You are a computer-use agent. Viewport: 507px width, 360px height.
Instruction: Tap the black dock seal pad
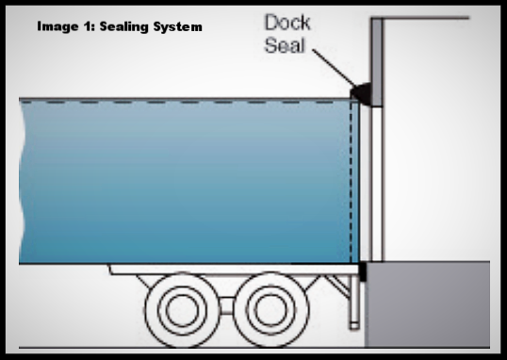tap(360, 92)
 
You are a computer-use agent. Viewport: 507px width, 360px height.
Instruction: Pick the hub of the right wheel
tap(268, 303)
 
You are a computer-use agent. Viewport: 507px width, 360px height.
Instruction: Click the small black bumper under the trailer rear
tap(363, 272)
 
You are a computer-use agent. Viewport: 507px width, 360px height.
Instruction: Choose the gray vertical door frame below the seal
tap(374, 179)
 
